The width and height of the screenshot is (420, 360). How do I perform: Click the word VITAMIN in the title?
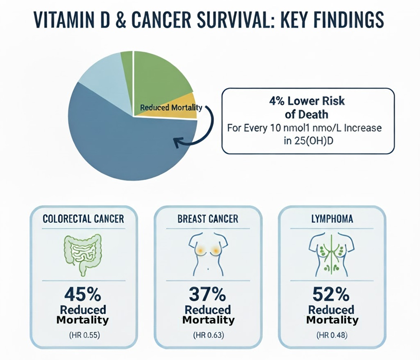pyautogui.click(x=72, y=20)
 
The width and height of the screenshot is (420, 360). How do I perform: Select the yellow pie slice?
pyautogui.click(x=171, y=107)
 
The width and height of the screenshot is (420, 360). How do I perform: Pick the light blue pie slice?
pyautogui.click(x=107, y=80)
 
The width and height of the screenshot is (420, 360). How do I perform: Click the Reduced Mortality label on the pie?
pyautogui.click(x=171, y=108)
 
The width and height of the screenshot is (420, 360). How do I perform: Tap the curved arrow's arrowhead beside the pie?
pyautogui.click(x=178, y=142)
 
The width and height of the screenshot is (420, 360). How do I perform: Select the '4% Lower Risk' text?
pyautogui.click(x=307, y=101)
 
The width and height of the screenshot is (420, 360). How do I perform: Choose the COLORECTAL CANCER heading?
pyautogui.click(x=84, y=219)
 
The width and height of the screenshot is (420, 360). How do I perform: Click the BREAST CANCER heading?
pyautogui.click(x=208, y=219)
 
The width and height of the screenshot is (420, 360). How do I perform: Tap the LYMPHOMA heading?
pyautogui.click(x=332, y=219)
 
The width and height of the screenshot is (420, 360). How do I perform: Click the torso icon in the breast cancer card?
pyautogui.click(x=208, y=255)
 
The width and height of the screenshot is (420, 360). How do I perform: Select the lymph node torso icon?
pyautogui.click(x=332, y=255)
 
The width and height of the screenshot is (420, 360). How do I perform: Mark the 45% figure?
pyautogui.click(x=83, y=294)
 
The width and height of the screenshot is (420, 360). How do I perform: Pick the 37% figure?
pyautogui.click(x=207, y=294)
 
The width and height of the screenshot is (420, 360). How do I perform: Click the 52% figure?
pyautogui.click(x=331, y=294)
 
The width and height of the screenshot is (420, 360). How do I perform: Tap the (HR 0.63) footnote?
pyautogui.click(x=208, y=335)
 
